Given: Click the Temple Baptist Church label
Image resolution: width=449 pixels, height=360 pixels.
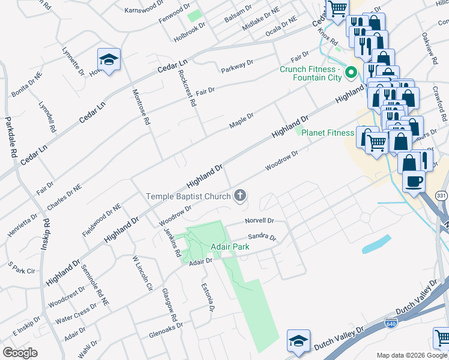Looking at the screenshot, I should coord(189,196).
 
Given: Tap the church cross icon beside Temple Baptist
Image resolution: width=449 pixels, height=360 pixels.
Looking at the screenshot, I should coord(240,195).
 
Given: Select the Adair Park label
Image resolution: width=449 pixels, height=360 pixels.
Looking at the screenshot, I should coord(229,247).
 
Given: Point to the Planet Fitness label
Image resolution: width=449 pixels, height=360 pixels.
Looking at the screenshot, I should coord(327,133).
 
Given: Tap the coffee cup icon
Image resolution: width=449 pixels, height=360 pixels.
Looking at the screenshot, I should coord(413,181).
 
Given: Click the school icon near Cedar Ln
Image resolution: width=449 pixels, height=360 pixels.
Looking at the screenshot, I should coord(109,59).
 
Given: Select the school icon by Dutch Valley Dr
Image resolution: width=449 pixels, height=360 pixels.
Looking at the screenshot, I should coord(298,341).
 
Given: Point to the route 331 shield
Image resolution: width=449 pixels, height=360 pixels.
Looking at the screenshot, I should coord(441,196).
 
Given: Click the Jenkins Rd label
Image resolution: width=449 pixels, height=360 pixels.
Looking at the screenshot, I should coord(173,242).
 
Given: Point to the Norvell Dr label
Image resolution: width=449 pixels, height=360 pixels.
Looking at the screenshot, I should coord(259,221).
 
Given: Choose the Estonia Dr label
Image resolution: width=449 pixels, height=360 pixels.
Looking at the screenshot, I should coord(208,297).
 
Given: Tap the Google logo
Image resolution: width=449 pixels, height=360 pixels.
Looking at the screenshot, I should coord(20,353).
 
